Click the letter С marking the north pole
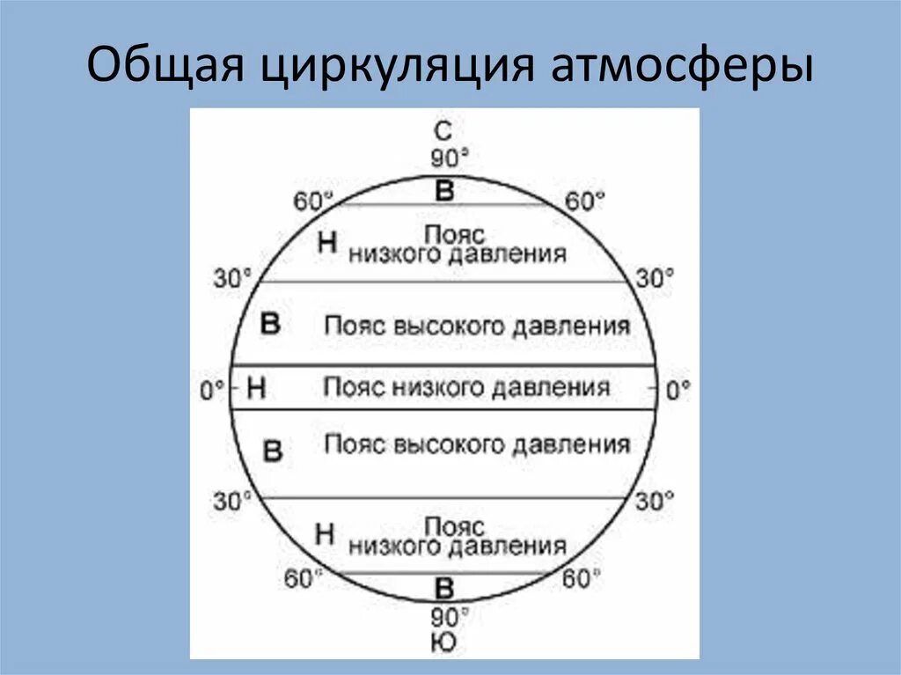point(443,132)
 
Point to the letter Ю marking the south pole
point(444,642)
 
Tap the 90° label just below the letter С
point(449,159)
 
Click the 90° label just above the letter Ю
point(449,615)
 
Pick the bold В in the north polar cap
point(444,191)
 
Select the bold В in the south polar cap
point(444,588)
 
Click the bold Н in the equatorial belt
point(255,388)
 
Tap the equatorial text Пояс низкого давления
point(467,387)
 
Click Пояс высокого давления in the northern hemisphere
point(477,326)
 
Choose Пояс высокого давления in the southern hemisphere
point(477,444)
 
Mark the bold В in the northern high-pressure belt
point(270,324)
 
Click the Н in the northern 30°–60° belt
point(326,244)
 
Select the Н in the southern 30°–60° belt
point(324,532)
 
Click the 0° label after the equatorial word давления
point(678,390)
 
